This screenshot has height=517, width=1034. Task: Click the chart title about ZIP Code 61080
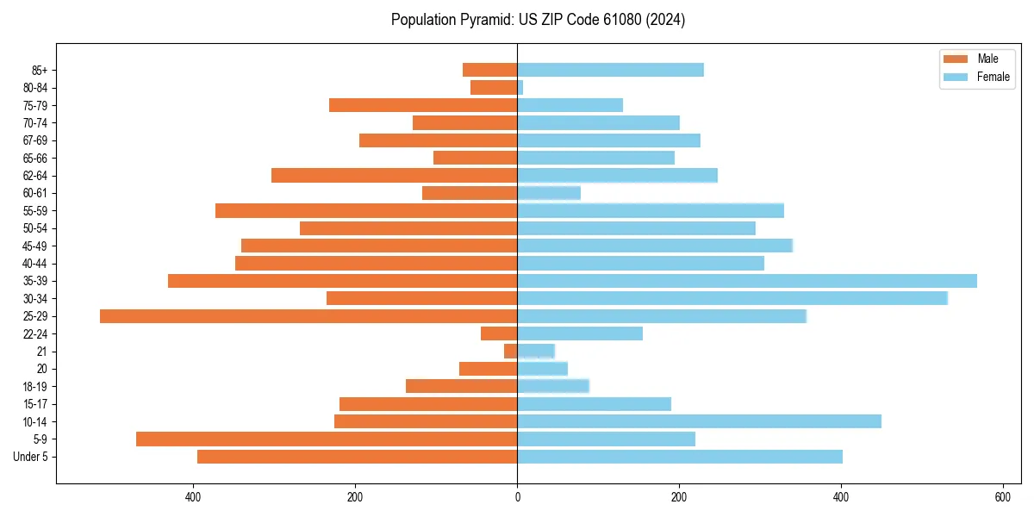pos(538,20)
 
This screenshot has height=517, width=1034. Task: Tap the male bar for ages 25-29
pos(308,316)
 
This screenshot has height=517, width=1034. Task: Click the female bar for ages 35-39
pos(747,281)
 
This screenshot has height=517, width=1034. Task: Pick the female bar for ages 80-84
pos(520,88)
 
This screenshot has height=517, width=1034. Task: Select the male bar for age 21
pos(511,352)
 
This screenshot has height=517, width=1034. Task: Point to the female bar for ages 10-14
pos(699,421)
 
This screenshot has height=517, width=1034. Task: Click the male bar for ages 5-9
pos(327,439)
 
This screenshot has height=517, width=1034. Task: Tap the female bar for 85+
pos(610,70)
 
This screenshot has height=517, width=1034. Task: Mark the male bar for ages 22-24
pos(499,333)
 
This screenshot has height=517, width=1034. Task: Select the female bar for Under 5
pos(680,457)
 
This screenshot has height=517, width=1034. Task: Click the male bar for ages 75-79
pos(423,105)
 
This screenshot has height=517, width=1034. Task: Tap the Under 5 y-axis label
pos(31,457)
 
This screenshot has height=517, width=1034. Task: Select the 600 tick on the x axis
pos(1003,497)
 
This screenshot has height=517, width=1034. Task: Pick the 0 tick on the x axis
pos(517,497)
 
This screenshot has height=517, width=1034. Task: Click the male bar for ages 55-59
pos(366,210)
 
